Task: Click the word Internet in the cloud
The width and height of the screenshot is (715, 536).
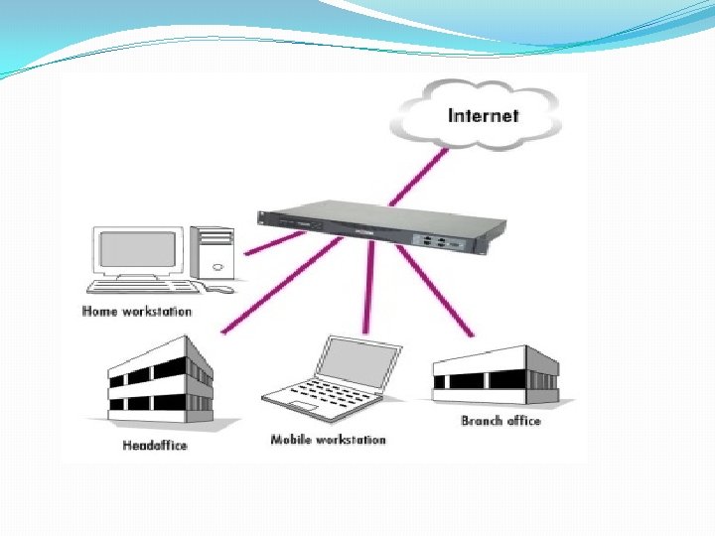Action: tap(483, 115)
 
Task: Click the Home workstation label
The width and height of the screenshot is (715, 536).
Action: tap(137, 311)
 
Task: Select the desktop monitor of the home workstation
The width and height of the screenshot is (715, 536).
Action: tap(138, 252)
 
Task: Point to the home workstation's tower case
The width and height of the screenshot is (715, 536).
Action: tap(214, 251)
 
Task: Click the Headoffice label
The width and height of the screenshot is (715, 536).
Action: tap(154, 445)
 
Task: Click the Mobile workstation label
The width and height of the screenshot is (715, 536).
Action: tap(328, 439)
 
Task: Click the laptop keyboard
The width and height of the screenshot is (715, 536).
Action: tap(317, 398)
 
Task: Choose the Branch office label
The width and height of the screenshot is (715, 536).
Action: tap(500, 421)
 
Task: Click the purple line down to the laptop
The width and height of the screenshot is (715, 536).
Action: tap(369, 288)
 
